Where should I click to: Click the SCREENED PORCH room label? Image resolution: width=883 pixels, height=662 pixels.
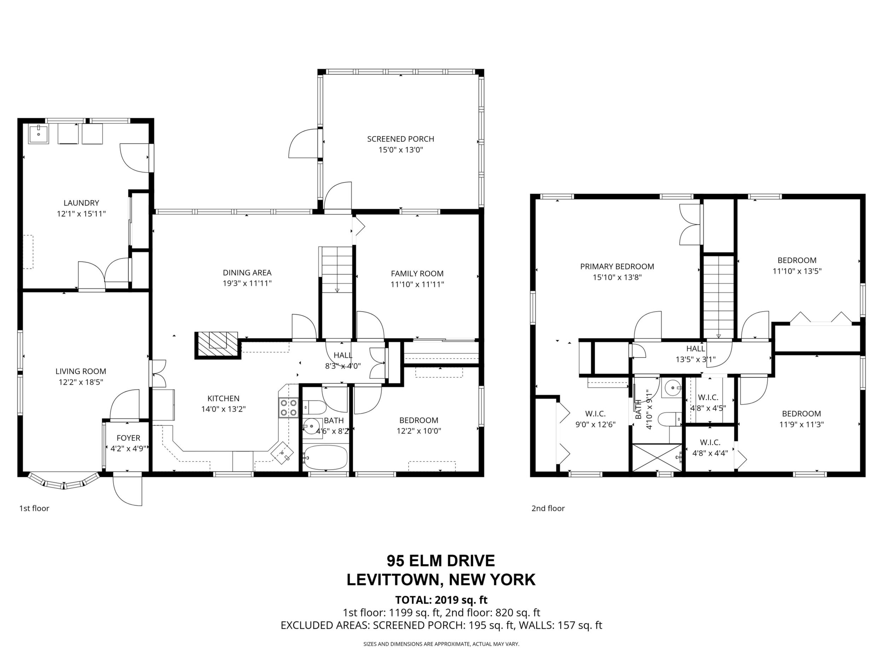point(400,139)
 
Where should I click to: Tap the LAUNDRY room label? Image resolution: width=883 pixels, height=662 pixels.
point(81,203)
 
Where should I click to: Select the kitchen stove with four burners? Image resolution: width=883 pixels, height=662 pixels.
point(288,407)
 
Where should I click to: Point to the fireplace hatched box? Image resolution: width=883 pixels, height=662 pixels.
point(217,345)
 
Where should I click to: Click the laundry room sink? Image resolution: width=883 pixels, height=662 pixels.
point(39,134)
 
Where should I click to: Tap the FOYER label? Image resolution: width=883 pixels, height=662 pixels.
point(128,438)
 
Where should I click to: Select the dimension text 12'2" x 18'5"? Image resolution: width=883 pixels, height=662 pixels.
point(81,382)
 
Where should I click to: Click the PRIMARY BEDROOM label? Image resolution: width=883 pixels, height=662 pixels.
point(617,267)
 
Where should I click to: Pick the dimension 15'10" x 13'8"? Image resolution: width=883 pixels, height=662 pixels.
point(617,277)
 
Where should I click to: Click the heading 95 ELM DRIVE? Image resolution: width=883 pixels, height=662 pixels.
point(441,561)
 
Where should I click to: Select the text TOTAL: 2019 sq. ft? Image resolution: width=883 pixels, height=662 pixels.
point(441,600)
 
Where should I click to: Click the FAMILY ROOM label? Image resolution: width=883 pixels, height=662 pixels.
point(417,273)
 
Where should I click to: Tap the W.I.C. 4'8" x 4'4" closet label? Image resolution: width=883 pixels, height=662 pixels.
point(710,448)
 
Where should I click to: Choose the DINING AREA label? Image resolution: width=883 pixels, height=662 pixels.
point(247,273)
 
